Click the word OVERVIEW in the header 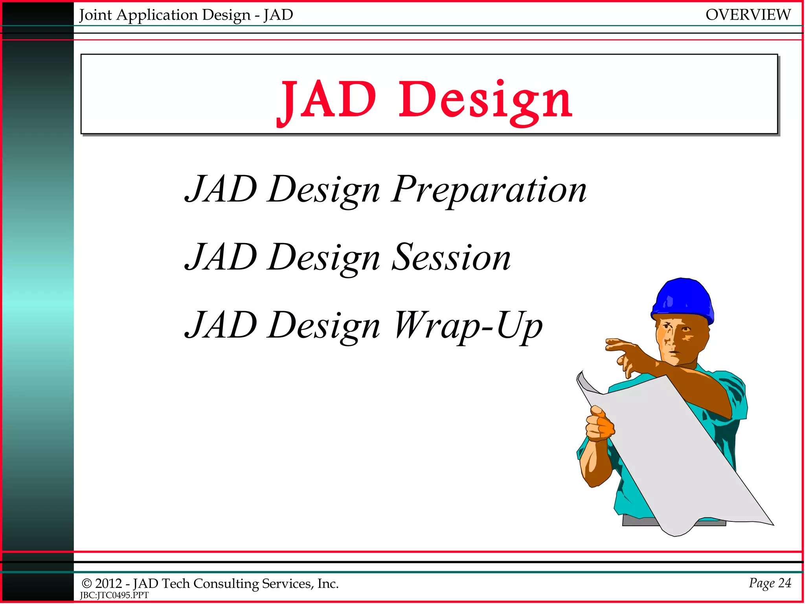[x=748, y=15]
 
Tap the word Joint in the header [x=96, y=15]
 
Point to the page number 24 [x=785, y=583]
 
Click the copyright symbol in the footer [x=86, y=584]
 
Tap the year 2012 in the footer [x=108, y=584]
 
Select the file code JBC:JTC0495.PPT [x=114, y=595]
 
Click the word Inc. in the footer [x=328, y=584]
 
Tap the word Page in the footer [x=761, y=583]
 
